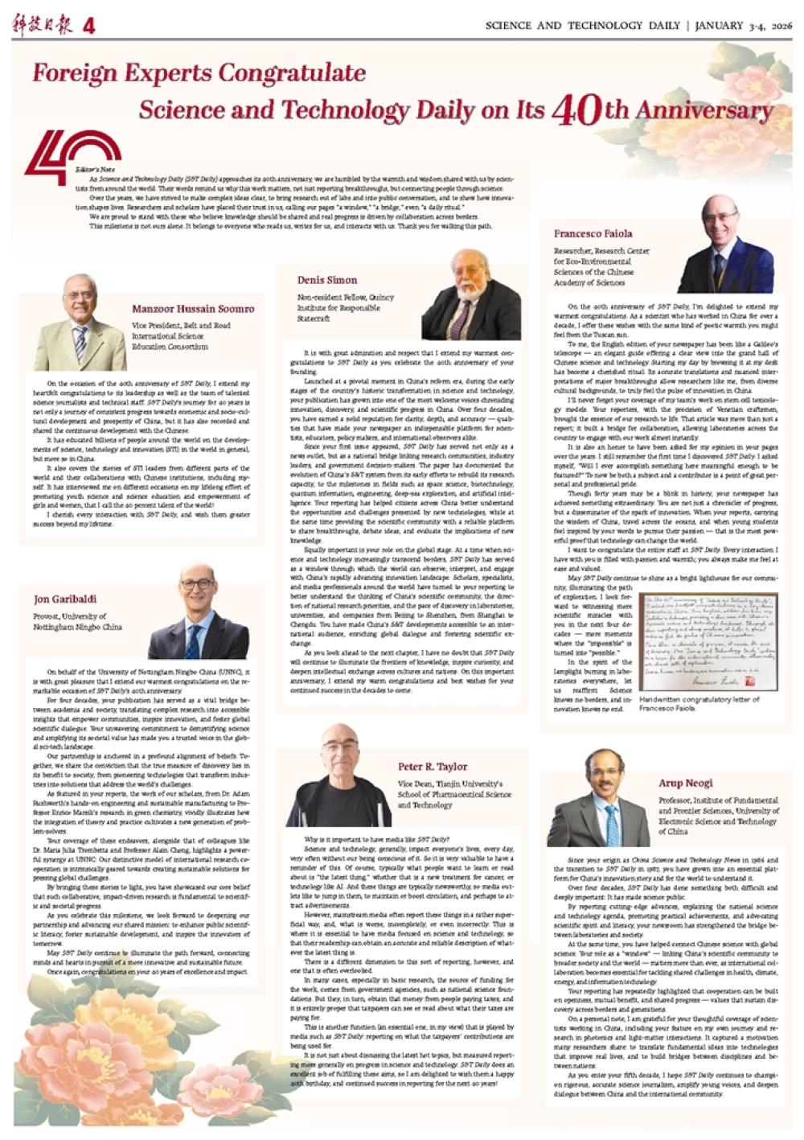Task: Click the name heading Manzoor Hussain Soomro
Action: click(193, 309)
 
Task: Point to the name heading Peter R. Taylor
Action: click(432, 767)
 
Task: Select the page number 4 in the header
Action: click(88, 26)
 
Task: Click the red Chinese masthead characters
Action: click(42, 26)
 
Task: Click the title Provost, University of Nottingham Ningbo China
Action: click(78, 620)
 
